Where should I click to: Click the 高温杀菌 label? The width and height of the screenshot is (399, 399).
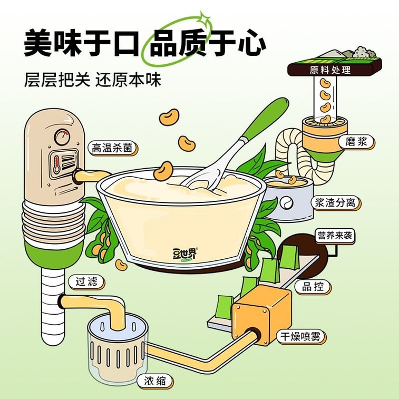pyautogui.click(x=112, y=148)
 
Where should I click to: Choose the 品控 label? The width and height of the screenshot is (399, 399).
pyautogui.click(x=313, y=286)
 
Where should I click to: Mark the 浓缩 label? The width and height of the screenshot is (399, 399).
pyautogui.click(x=156, y=379)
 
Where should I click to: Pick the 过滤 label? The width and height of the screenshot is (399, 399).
pyautogui.click(x=86, y=281)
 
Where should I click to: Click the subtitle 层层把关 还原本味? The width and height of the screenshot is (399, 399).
pyautogui.click(x=92, y=79)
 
